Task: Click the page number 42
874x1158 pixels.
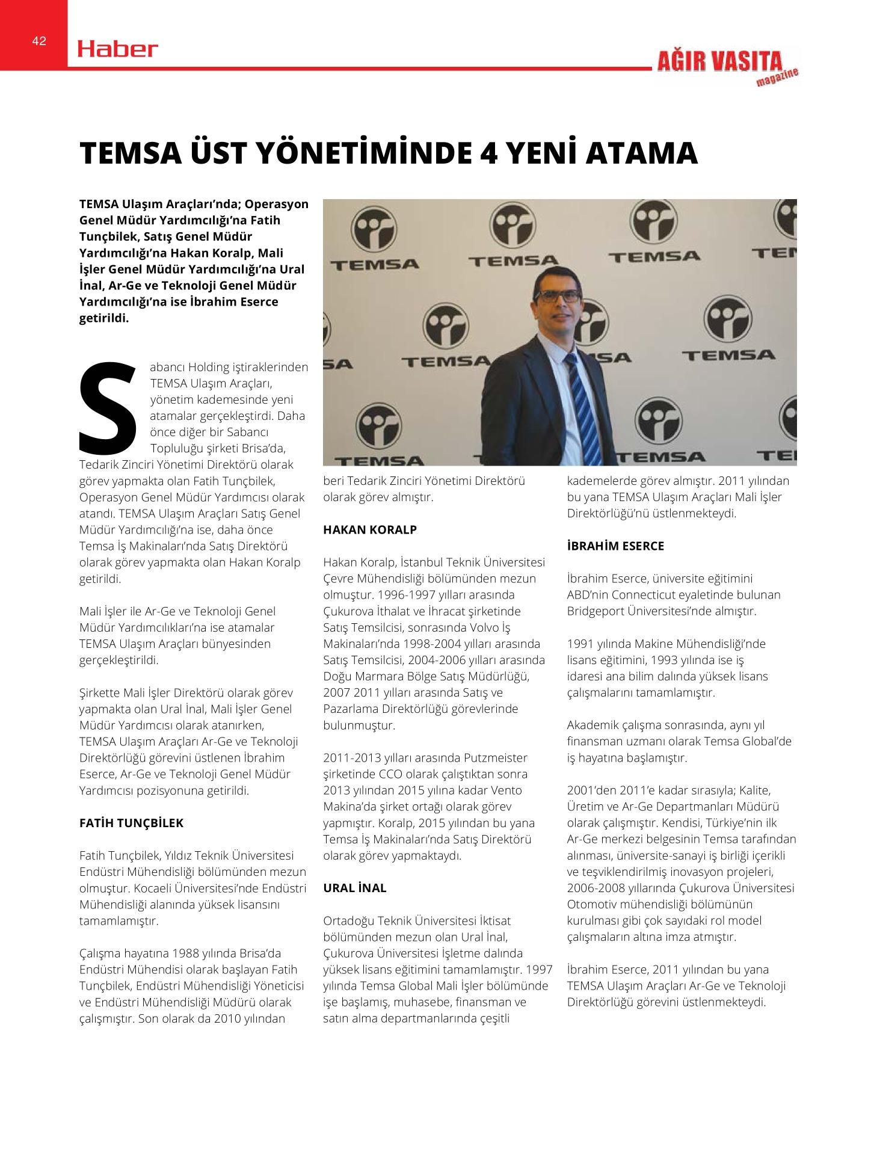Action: coord(39,41)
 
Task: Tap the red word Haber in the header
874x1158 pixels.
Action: coord(118,49)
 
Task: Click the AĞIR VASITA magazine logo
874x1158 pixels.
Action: coord(727,66)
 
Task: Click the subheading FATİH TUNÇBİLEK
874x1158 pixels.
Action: coord(131,823)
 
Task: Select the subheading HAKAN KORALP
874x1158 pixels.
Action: coord(370,530)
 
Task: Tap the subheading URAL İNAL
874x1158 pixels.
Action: coord(355,888)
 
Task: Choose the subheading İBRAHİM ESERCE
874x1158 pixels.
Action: coord(615,546)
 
